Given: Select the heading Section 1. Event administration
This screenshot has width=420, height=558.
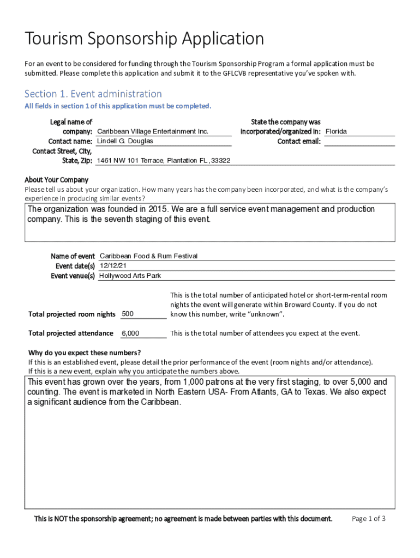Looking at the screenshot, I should [x=93, y=94].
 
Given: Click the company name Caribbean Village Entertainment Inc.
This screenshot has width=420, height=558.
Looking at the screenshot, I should [x=153, y=132].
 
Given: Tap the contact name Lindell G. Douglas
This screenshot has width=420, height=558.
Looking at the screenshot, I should [x=125, y=141].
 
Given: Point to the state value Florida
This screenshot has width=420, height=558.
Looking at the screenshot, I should [x=336, y=132].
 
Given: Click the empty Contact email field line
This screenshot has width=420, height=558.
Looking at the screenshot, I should [x=359, y=142].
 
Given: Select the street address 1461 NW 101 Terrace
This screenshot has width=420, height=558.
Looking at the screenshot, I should [x=130, y=161].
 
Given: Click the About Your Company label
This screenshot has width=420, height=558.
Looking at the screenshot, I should [x=56, y=180].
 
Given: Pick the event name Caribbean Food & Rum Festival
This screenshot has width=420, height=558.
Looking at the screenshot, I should [x=148, y=256].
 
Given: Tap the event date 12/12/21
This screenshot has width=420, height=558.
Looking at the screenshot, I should [x=113, y=266].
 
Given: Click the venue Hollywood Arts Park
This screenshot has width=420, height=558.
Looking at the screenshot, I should [x=130, y=276].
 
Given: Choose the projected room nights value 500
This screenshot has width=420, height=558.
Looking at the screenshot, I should [x=128, y=314].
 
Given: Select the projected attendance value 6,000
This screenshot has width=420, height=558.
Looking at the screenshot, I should [x=130, y=333].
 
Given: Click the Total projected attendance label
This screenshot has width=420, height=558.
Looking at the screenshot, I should [x=71, y=333].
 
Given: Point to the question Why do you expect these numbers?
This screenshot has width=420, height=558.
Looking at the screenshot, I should [x=85, y=352].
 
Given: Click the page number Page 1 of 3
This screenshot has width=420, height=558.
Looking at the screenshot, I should [x=369, y=519].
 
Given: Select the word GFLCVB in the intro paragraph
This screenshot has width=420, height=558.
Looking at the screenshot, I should [x=237, y=73].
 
